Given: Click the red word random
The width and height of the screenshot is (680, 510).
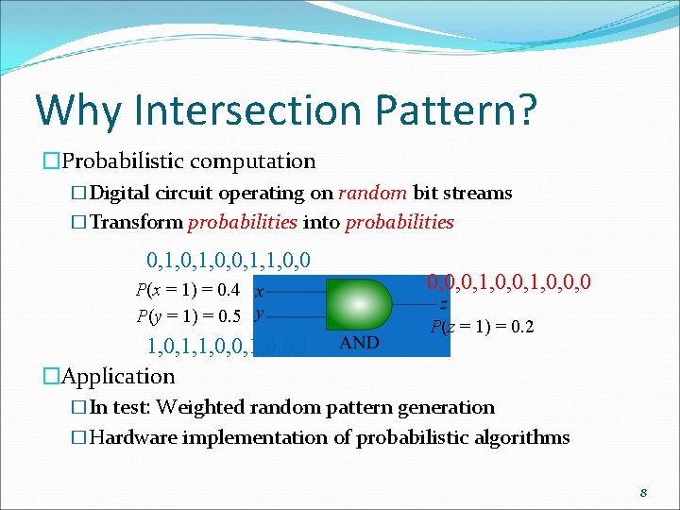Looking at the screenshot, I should pyautogui.click(x=372, y=194).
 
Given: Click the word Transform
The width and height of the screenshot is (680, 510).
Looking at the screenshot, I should pyautogui.click(x=137, y=223).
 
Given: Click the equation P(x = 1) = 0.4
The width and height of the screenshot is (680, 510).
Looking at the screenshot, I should pyautogui.click(x=188, y=290).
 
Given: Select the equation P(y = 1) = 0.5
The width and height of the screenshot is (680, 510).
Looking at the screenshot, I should pyautogui.click(x=188, y=315).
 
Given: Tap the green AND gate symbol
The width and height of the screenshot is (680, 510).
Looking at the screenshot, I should pyautogui.click(x=359, y=303).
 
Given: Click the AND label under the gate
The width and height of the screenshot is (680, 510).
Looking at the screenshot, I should pyautogui.click(x=359, y=342).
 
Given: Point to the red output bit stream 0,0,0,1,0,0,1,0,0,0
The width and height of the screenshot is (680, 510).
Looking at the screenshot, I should pyautogui.click(x=509, y=281).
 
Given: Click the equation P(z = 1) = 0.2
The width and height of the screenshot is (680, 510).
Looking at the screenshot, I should pyautogui.click(x=482, y=328).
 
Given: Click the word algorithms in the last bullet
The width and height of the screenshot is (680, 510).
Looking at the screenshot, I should pyautogui.click(x=522, y=437).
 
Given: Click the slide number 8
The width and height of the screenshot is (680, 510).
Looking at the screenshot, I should pyautogui.click(x=642, y=493).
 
